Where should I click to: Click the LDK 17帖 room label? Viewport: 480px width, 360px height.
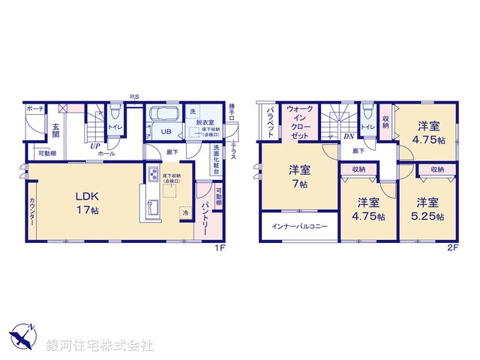(86, 203)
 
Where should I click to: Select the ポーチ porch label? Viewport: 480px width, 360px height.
(34, 109)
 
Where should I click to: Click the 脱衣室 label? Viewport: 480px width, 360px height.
(205, 121)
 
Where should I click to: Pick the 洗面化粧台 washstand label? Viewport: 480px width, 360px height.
(216, 159)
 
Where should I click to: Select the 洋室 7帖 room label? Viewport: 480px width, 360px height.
(300, 177)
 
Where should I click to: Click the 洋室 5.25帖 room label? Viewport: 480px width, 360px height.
(428, 209)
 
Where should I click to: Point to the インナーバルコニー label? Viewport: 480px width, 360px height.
(299, 226)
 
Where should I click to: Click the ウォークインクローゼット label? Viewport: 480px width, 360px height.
(299, 124)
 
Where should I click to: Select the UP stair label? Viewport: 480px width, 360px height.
(95, 146)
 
